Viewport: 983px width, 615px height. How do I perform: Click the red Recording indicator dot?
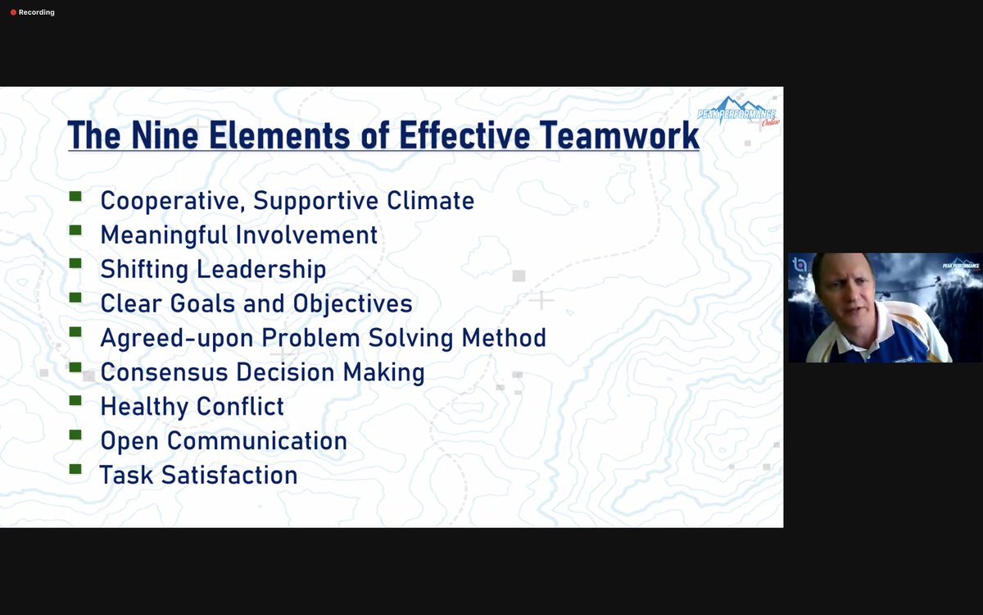tap(13, 12)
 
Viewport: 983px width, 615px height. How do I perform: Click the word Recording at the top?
tap(38, 12)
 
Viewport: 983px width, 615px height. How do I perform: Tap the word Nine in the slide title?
tap(169, 134)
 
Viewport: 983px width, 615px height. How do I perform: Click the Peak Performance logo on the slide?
tap(737, 114)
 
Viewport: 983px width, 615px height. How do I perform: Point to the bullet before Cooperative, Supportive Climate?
tap(75, 197)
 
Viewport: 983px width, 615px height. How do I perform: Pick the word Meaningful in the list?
tap(165, 235)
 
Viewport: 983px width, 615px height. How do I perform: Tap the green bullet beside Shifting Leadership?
tap(75, 264)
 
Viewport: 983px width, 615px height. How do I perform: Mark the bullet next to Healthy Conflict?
tap(75, 402)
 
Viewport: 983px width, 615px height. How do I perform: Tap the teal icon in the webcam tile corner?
tap(800, 265)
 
